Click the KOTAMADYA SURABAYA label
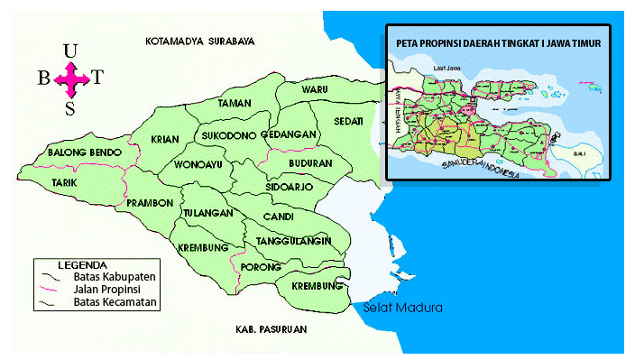pyautogui.click(x=200, y=42)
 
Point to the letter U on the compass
pyautogui.click(x=70, y=51)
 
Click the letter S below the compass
pyautogui.click(x=69, y=109)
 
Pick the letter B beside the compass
pyautogui.click(x=43, y=78)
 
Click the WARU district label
pyautogui.click(x=315, y=90)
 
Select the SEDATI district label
pyautogui.click(x=348, y=121)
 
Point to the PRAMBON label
pyautogui.click(x=150, y=203)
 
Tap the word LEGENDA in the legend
pyautogui.click(x=88, y=265)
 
